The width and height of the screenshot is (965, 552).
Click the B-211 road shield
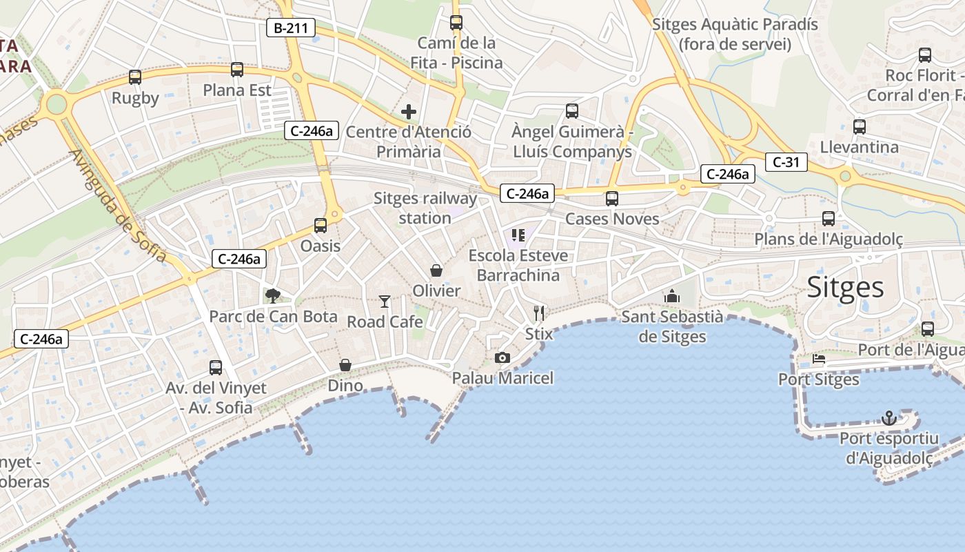point(291,28)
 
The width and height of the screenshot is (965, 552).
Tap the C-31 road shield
point(786,162)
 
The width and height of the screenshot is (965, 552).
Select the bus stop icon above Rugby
point(135,77)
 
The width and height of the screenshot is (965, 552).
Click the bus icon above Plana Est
point(237,70)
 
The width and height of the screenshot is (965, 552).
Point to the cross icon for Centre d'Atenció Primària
point(409,112)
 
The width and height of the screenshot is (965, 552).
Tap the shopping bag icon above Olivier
point(436,270)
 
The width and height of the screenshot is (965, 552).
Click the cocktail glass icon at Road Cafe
point(385,302)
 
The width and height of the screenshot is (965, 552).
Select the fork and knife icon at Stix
point(539,313)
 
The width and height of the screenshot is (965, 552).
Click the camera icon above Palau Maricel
point(502,357)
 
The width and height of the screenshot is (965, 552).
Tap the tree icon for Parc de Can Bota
point(273,296)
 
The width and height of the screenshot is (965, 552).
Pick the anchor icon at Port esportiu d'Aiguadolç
point(889,418)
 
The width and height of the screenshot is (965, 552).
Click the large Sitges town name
point(845,287)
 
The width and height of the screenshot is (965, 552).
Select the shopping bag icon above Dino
point(345,365)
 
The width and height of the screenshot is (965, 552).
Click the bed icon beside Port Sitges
point(818,359)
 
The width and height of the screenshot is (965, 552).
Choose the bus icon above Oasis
point(321,226)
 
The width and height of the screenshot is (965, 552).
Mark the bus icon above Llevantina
point(859,127)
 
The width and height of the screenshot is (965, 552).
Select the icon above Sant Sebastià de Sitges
point(672,297)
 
